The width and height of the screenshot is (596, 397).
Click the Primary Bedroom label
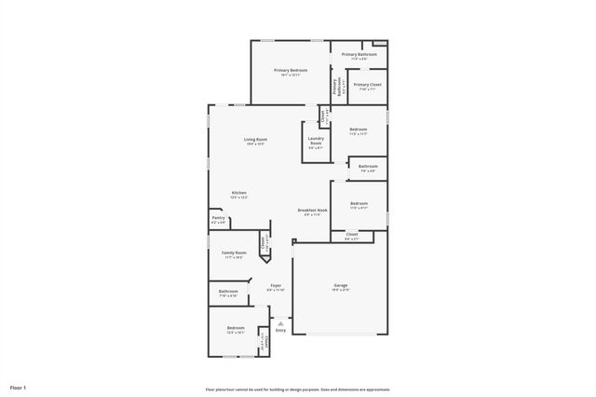pyautogui.click(x=291, y=71)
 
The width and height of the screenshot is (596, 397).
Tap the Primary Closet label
pyautogui.click(x=367, y=85)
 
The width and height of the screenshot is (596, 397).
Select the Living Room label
pyautogui.click(x=256, y=140)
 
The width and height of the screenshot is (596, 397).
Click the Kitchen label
pyautogui.click(x=239, y=193)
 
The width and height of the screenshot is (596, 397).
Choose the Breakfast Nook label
pyautogui.click(x=312, y=211)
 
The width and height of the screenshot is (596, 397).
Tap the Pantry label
pyautogui.click(x=218, y=218)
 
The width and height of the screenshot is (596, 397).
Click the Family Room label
pyautogui.click(x=234, y=253)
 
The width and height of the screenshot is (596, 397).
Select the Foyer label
pyautogui.click(x=276, y=285)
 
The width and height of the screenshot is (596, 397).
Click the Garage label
pyautogui.click(x=341, y=285)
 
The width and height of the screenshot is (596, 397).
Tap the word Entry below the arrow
pyautogui.click(x=281, y=329)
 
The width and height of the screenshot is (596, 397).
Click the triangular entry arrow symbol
pyautogui.click(x=280, y=322)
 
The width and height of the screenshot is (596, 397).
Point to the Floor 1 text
pyautogui.click(x=19, y=387)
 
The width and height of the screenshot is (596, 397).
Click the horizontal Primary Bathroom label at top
pyautogui.click(x=359, y=54)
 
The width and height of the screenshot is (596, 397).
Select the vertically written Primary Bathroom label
pyautogui.click(x=336, y=88)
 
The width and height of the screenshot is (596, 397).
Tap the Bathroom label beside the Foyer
pyautogui.click(x=228, y=292)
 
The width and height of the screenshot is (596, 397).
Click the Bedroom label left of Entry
pyautogui.click(x=236, y=328)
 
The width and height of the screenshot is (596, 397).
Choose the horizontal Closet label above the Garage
pyautogui.click(x=351, y=235)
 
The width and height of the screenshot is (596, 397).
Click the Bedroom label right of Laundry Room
pyautogui.click(x=359, y=130)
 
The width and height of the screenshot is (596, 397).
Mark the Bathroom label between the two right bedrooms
pyautogui.click(x=367, y=167)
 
